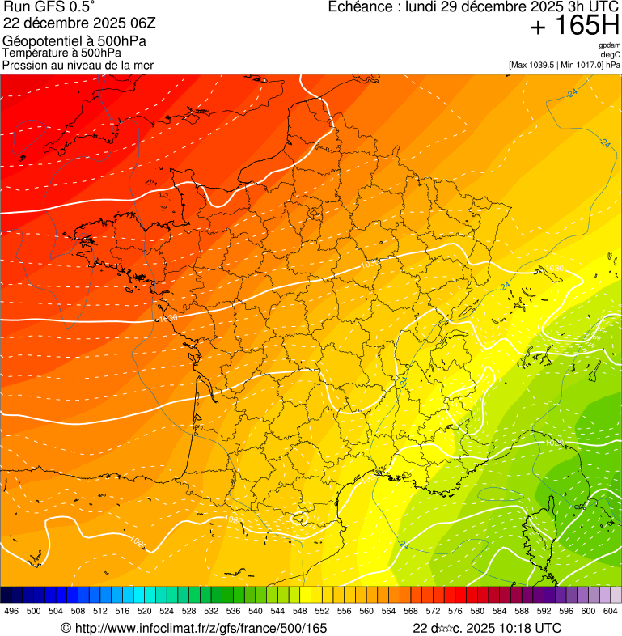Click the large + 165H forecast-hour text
pyautogui.click(x=574, y=26)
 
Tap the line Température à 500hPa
pyautogui.click(x=61, y=53)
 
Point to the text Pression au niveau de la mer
pyautogui.click(x=78, y=65)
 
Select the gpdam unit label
pyautogui.click(x=610, y=45)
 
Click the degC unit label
pyautogui.click(x=611, y=54)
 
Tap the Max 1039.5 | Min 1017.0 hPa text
pyautogui.click(x=564, y=64)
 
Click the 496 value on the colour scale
pyautogui.click(x=11, y=611)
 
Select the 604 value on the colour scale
pyautogui.click(x=610, y=611)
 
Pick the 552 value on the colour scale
pyautogui.click(x=322, y=611)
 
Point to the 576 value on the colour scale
pyautogui.click(x=455, y=611)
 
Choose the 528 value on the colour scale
pyautogui.click(x=188, y=611)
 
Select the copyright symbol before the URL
pyautogui.click(x=66, y=628)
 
